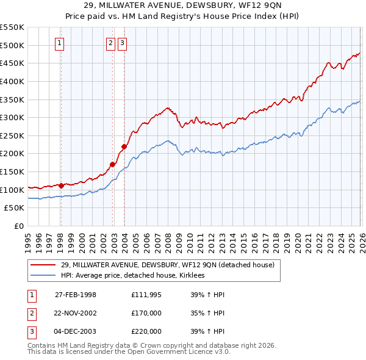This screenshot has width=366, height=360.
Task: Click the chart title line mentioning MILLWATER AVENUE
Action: tap(182, 5)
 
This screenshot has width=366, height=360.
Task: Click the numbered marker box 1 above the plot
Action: tap(60, 43)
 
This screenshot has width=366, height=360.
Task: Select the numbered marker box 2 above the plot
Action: tap(110, 43)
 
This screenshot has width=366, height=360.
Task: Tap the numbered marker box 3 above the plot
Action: tap(123, 43)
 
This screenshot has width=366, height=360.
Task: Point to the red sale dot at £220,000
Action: tap(124, 146)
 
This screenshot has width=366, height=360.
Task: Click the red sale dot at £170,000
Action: tap(113, 164)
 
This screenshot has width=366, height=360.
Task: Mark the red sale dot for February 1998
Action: tap(61, 185)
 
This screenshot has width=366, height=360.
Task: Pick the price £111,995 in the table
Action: tap(146, 295)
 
